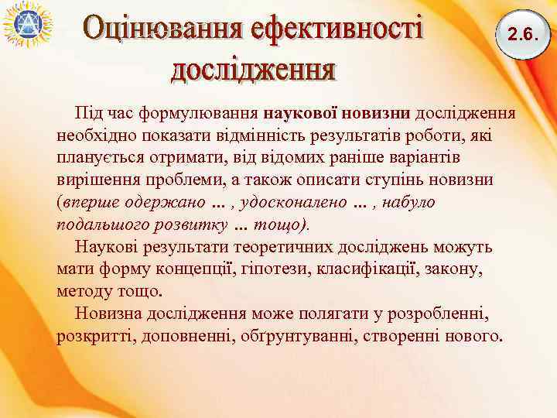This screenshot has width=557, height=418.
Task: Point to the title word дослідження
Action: click(253, 70)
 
